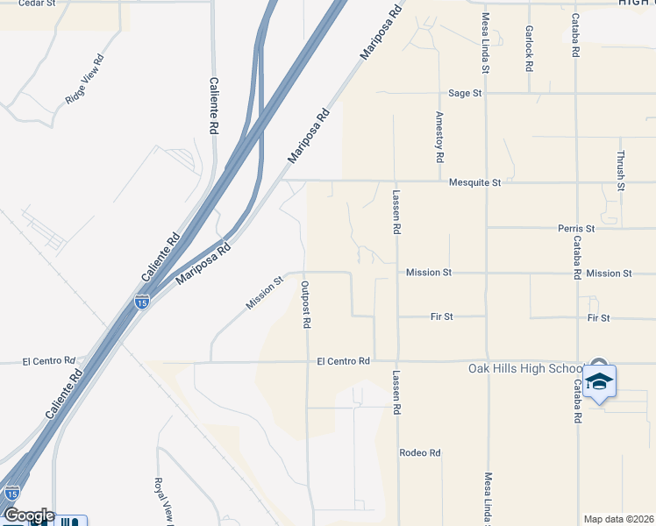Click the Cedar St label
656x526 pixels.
[x=37, y=4]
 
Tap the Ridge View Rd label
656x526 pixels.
[x=85, y=80]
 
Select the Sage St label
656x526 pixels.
[x=465, y=93]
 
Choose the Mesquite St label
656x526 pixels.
[x=474, y=182]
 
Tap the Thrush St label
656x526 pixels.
[x=620, y=169]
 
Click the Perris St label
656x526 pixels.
[x=576, y=228]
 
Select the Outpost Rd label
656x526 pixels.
[x=306, y=304]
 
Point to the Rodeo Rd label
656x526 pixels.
[x=419, y=452]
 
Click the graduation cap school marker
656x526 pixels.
[x=599, y=381]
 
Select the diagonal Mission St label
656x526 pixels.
[x=265, y=294]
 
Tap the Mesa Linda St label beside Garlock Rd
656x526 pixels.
[x=484, y=42]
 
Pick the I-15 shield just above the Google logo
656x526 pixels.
[x=11, y=494]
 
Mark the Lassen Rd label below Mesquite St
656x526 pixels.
[x=396, y=212]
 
